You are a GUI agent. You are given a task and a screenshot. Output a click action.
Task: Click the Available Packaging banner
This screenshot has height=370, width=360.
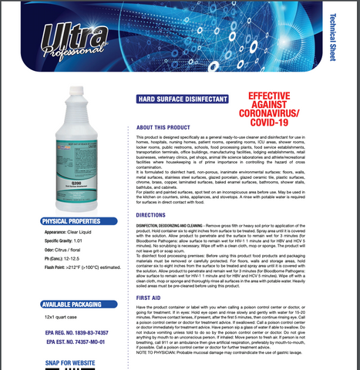[63, 304]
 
